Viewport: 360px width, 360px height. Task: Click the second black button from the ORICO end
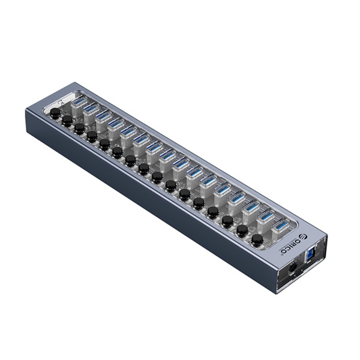click(x=242, y=230)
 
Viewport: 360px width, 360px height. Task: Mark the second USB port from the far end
click(x=91, y=110)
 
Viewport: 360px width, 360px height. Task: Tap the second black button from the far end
click(x=67, y=121)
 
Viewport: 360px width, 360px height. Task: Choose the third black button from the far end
click(x=79, y=128)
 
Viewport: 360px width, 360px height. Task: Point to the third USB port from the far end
click(x=103, y=116)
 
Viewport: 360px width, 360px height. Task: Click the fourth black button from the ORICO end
click(x=213, y=212)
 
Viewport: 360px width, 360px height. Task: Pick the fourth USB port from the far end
click(x=116, y=124)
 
